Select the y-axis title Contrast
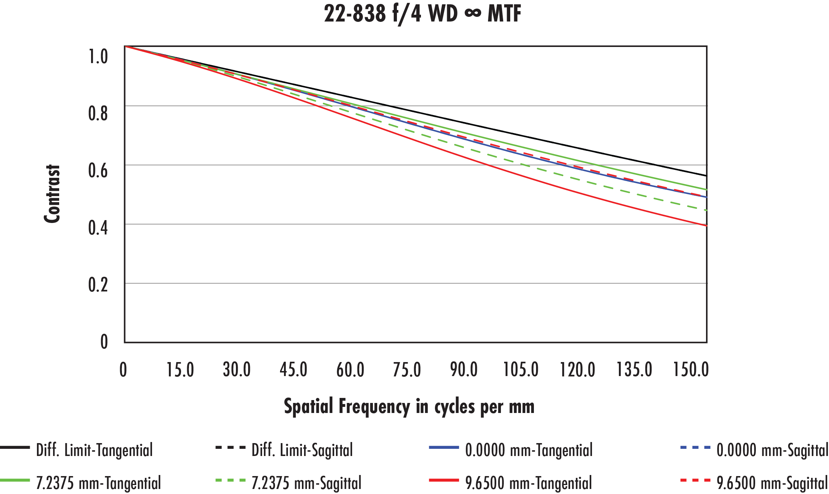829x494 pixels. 52,194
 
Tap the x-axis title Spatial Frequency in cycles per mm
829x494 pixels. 409,406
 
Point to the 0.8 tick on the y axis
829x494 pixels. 98,113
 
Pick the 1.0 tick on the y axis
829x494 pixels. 98,57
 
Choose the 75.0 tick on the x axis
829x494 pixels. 407,370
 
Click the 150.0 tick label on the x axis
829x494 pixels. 691,370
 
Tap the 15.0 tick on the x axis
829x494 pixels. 180,370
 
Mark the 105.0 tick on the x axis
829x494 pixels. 521,370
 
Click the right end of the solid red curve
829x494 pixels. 706,225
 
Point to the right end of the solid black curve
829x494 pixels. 706,176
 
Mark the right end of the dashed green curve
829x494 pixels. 706,210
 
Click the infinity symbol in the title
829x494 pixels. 473,14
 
